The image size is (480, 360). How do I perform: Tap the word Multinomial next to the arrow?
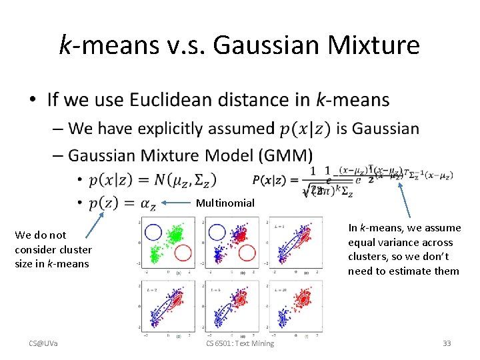225,203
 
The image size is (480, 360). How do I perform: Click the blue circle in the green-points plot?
153,232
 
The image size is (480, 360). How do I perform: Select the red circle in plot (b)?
247,253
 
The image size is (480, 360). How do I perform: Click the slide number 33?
447,343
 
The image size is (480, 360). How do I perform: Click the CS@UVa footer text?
43,343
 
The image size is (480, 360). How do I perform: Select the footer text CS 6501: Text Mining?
240,343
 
